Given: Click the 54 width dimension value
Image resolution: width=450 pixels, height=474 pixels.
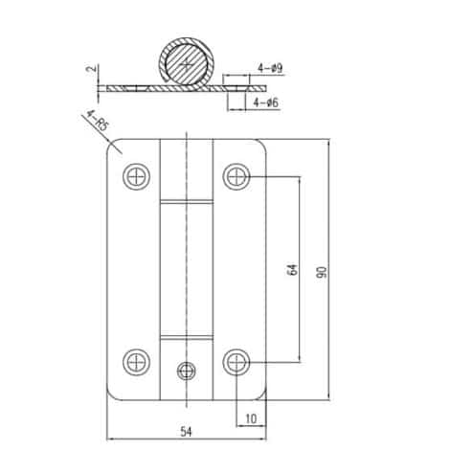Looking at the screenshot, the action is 186,432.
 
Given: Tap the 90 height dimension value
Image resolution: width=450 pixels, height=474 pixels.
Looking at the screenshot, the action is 323,272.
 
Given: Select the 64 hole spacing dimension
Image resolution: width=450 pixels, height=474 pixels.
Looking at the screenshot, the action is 293,270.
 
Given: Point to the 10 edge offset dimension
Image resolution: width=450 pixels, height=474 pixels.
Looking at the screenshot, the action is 251,418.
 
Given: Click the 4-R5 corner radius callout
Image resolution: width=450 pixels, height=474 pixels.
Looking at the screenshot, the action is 98,122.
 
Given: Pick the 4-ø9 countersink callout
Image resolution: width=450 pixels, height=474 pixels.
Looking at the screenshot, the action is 270,68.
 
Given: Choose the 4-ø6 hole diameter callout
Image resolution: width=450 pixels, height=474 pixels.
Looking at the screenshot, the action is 266,102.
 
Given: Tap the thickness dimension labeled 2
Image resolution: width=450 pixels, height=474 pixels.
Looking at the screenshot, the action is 92,68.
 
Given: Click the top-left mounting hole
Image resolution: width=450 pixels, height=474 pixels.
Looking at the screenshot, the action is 137,176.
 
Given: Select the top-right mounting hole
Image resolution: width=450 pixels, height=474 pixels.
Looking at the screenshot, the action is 236,176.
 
